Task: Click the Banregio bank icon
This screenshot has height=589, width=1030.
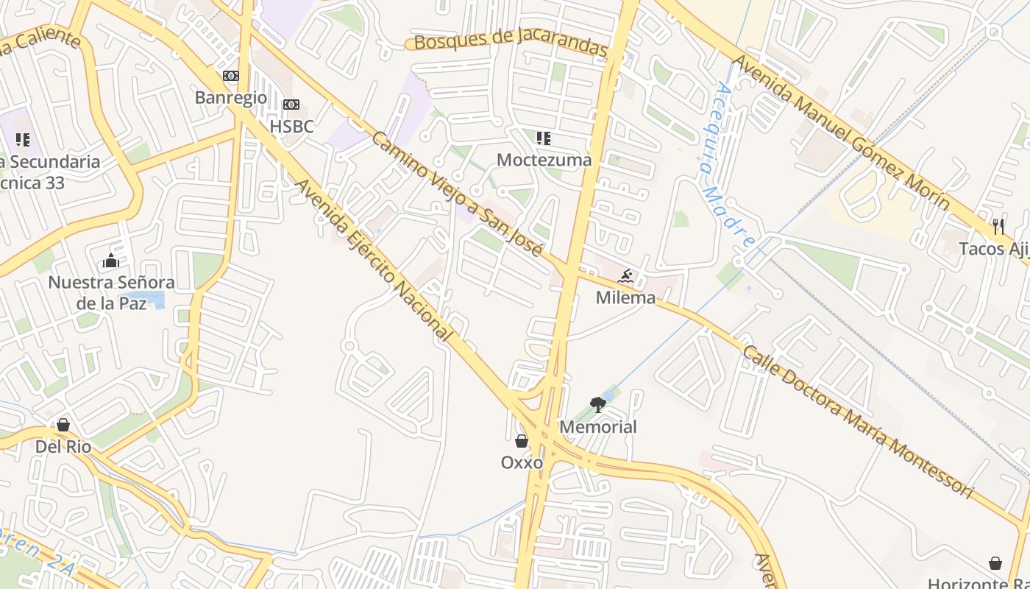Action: pos(231,76)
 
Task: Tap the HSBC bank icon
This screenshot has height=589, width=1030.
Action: pos(291,105)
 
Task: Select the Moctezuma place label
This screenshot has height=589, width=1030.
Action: pos(544,160)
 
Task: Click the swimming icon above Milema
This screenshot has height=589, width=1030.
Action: pos(625,277)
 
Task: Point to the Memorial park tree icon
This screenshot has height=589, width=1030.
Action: pos(598,405)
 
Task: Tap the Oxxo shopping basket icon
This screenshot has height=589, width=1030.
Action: pos(522,441)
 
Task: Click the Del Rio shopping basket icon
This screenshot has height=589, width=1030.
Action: pos(63,425)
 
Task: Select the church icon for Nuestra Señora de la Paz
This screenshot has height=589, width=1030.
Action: pos(111,261)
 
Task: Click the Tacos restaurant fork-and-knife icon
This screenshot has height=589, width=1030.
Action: pos(998,227)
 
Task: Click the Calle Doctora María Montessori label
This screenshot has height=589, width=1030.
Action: pos(857,421)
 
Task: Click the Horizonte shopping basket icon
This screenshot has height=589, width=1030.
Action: pos(995,563)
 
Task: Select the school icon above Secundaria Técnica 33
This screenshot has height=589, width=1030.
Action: pos(23,139)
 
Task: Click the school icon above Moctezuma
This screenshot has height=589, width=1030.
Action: pos(544,138)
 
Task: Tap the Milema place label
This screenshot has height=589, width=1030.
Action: pos(625,298)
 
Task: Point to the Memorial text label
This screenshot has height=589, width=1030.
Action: pos(598,427)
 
